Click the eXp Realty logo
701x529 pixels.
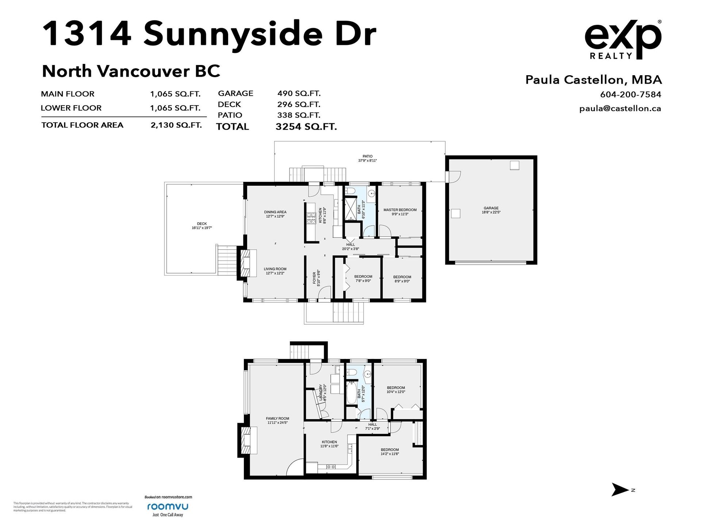623,39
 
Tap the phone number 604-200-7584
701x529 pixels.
631,95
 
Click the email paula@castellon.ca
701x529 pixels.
620,108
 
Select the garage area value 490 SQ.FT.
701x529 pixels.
299,93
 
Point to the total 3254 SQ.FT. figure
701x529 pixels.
306,127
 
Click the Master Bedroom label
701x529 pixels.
400,212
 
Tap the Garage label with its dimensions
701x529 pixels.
491,210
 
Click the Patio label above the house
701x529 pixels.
367,158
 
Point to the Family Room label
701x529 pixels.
277,420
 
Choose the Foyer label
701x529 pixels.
316,277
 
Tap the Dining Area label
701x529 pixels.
275,214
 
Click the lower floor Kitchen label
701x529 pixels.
329,444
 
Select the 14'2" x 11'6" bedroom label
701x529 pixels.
390,452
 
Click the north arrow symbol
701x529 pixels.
620,490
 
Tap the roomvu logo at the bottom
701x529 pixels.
168,507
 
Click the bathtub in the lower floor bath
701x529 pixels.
351,393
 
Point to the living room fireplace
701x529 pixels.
245,262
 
